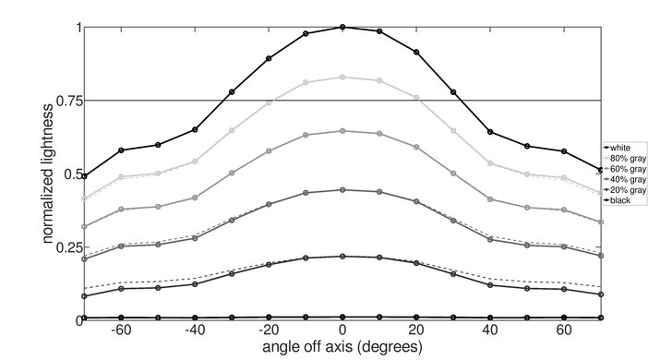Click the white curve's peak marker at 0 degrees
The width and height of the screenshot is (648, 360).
pyautogui.click(x=342, y=27)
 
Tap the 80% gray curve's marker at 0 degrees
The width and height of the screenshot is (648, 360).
pyautogui.click(x=342, y=78)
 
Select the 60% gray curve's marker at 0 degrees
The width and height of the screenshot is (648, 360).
pyautogui.click(x=342, y=131)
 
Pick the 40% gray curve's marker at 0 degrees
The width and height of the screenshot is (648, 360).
pyautogui.click(x=342, y=189)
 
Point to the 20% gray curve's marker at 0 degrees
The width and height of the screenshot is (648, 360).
pyautogui.click(x=342, y=256)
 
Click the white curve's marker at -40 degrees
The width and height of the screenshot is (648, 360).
pyautogui.click(x=195, y=130)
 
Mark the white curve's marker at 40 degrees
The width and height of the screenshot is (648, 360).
pyautogui.click(x=490, y=132)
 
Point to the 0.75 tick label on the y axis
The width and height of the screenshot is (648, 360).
pyautogui.click(x=66, y=101)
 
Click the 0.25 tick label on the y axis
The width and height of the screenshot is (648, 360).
pyautogui.click(x=66, y=247)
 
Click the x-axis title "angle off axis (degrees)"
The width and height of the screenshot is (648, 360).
pyautogui.click(x=342, y=348)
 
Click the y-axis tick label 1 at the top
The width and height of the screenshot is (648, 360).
pyautogui.click(x=77, y=28)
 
